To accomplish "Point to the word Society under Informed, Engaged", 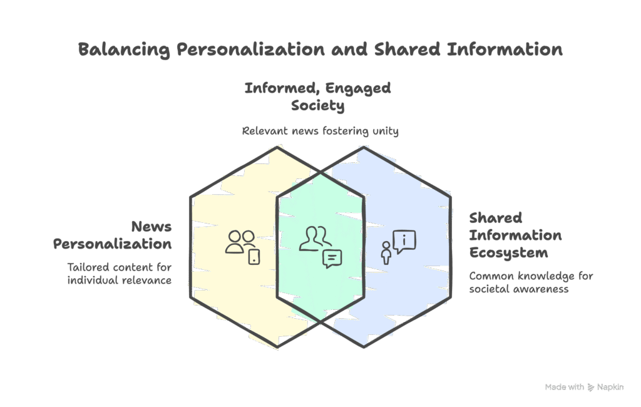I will point(317,106).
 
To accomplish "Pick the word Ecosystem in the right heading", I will point(508,253).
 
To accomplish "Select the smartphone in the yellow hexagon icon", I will point(254,256).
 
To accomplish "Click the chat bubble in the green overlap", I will point(332,258).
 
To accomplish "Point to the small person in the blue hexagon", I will point(386,253).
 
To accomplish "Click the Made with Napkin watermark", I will point(584,388).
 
